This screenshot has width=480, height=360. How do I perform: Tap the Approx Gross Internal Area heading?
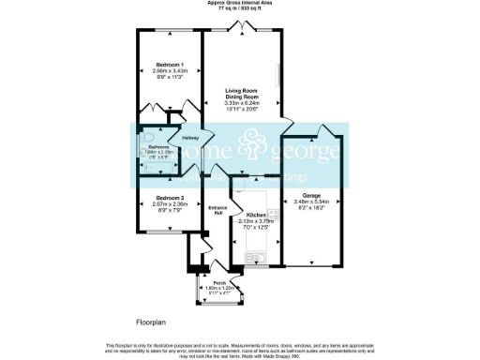coord(240,3)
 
